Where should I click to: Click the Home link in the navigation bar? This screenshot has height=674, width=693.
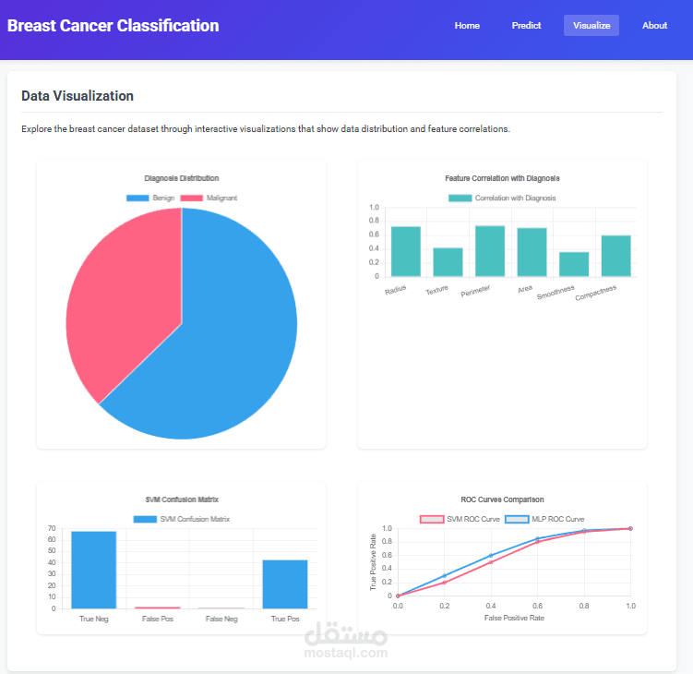467,26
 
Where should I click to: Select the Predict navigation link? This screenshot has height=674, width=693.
526,26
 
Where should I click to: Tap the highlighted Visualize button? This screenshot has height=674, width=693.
591,26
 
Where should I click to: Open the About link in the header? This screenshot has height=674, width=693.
654,26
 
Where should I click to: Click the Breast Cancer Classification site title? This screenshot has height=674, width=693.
114,26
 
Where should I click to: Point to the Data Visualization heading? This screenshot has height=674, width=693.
78,96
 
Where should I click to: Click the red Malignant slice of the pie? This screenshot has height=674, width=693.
120,295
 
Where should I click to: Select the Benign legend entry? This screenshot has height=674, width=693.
151,199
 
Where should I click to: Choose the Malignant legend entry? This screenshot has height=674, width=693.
209,199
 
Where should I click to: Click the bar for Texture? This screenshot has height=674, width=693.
448,262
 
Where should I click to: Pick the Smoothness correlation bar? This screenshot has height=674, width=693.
574,264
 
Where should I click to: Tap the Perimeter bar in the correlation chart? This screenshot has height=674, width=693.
490,251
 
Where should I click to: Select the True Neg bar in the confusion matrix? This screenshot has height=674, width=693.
94,570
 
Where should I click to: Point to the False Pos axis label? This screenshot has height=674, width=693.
158,619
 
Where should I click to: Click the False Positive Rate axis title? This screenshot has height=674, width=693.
514,618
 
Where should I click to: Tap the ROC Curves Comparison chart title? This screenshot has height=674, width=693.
502,499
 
